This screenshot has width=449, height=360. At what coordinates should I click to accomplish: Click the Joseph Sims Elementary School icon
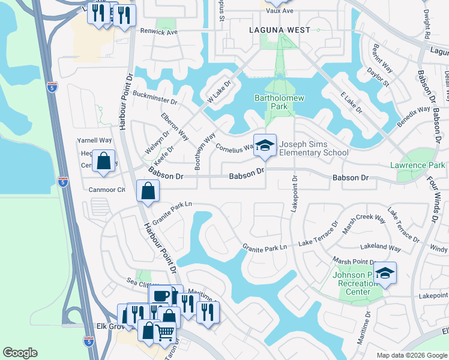tap(265, 145)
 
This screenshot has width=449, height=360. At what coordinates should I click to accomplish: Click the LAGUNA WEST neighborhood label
tap(280, 30)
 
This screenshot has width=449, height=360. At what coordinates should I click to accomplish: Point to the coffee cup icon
tap(160, 296)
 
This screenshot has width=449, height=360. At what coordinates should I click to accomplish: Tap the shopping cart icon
tap(164, 331)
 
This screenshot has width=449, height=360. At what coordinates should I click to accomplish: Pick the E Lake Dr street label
tap(351, 103)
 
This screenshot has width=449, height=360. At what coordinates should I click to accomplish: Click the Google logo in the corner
tap(20, 353)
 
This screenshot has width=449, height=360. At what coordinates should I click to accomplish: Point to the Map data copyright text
tap(411, 355)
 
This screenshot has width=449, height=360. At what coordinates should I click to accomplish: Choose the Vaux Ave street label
tap(280, 11)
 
